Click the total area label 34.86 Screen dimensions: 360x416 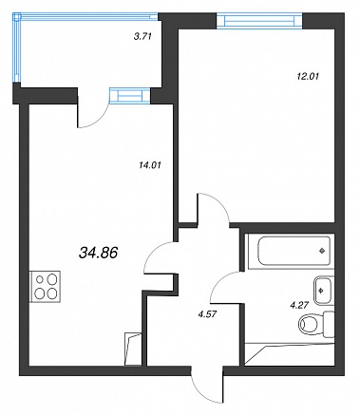coord(99,253)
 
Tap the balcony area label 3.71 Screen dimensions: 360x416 coord(142,36)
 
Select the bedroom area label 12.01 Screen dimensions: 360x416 coord(308,76)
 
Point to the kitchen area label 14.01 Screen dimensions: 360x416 coord(150,165)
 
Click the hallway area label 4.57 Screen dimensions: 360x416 coord(206,315)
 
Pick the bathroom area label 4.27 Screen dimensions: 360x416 coord(299,306)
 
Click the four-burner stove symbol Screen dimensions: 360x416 coord(46,287)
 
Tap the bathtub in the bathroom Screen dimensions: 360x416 coord(291,252)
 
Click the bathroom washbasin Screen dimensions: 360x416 coord(323,290)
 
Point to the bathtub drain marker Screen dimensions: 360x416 coord(322,252)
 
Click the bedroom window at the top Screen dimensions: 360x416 coord(259,21)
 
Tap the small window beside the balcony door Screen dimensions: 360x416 coord(129,96)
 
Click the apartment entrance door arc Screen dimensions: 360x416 coord(202,393)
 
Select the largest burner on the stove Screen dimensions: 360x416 coord(52,279)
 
